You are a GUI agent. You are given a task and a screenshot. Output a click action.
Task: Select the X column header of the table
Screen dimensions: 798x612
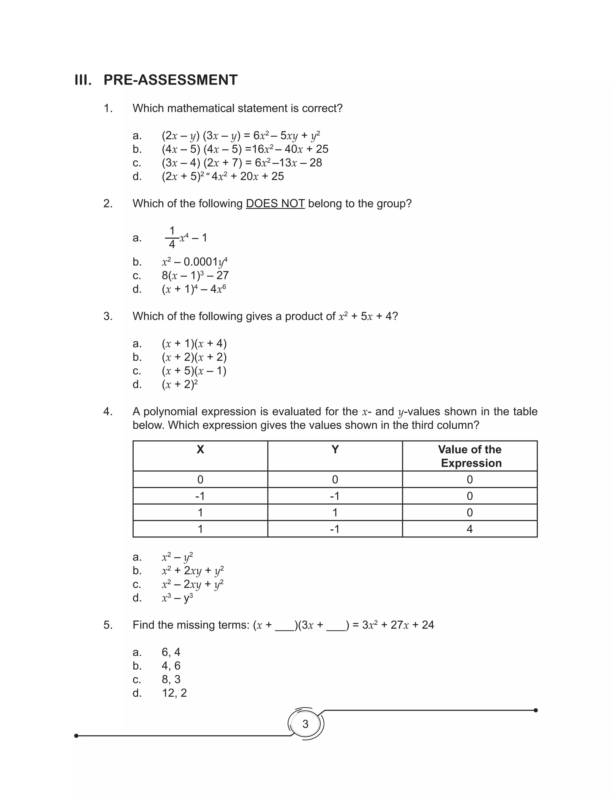pyautogui.click(x=200, y=450)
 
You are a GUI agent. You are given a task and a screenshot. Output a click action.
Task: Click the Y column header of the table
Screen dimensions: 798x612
pyautogui.click(x=335, y=450)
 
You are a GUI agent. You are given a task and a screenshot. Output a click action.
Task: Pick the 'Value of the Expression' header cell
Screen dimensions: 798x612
pyautogui.click(x=470, y=456)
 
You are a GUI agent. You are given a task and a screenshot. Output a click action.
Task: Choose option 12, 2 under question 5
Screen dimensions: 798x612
pyautogui.click(x=174, y=693)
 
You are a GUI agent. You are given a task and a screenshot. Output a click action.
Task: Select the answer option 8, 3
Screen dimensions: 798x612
pyautogui.click(x=171, y=679)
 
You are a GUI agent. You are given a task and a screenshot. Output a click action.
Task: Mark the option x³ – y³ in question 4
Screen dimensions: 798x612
pyautogui.click(x=178, y=598)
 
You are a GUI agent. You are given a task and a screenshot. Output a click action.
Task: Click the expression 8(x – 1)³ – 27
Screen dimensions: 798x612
pyautogui.click(x=195, y=275)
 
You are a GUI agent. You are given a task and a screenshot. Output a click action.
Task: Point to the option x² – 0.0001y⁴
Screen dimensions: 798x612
pyautogui.click(x=195, y=262)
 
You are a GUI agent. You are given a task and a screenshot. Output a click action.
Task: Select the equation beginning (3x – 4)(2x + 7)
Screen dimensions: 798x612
pyautogui.click(x=242, y=163)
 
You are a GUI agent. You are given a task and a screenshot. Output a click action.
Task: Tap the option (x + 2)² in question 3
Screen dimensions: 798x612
pyautogui.click(x=180, y=384)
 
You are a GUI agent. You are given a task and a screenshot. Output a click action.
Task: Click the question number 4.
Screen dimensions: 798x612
pyautogui.click(x=108, y=412)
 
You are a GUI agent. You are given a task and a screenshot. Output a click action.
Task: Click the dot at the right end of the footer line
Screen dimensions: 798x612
pyautogui.click(x=535, y=710)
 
